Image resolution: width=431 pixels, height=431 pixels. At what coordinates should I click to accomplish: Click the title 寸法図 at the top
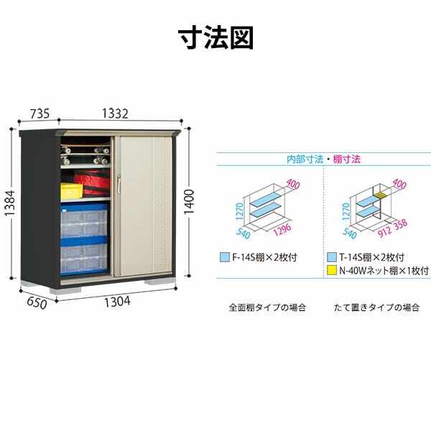pyautogui.click(x=215, y=37)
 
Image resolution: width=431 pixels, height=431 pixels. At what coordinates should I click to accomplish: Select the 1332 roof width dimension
pyautogui.click(x=114, y=113)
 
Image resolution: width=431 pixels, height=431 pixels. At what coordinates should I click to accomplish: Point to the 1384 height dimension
pyautogui.click(x=9, y=204)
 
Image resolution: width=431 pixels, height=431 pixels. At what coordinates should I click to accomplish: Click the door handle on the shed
pyautogui.click(x=120, y=185)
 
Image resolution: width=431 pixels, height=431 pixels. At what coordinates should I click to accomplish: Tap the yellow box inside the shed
pyautogui.click(x=70, y=191)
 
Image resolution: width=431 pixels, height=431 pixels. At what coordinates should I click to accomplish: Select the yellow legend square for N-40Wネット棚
pyautogui.click(x=331, y=271)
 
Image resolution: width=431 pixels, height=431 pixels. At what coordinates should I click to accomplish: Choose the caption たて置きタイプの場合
pyautogui.click(x=377, y=307)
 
